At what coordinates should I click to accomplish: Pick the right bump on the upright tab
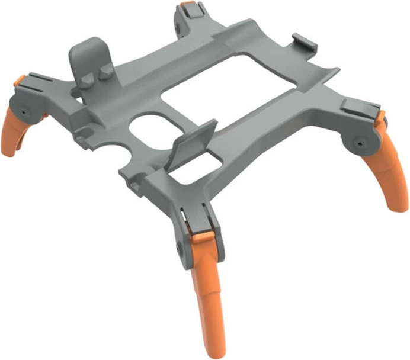[x=105, y=70]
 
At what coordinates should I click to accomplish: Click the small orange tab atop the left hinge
[x=21, y=79]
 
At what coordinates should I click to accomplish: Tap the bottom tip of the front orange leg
[x=217, y=352]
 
